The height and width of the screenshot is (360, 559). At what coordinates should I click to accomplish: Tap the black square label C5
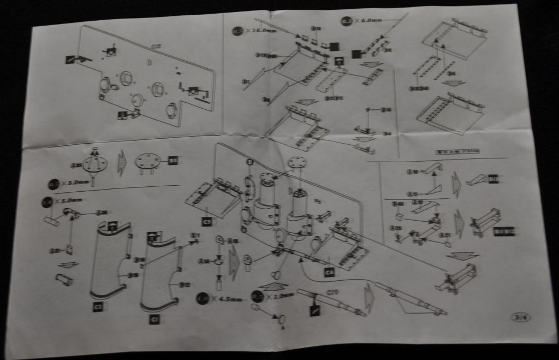pyautogui.click(x=206, y=222)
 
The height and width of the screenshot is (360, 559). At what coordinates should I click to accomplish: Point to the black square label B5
pyautogui.click(x=173, y=161)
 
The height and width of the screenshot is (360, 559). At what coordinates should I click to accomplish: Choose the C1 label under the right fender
pyautogui.click(x=154, y=320)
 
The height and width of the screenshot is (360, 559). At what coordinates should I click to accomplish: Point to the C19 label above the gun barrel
pyautogui.click(x=333, y=292)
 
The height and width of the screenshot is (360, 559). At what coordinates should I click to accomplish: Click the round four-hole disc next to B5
pyautogui.click(x=148, y=161)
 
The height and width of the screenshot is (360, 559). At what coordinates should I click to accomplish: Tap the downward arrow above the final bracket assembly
pyautogui.click(x=461, y=256)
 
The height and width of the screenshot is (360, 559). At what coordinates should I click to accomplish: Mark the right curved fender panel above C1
pyautogui.click(x=159, y=276)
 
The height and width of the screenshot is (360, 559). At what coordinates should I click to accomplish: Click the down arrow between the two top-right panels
pyautogui.click(x=453, y=83)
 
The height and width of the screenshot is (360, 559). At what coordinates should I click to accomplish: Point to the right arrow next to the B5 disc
pyautogui.click(x=123, y=163)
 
